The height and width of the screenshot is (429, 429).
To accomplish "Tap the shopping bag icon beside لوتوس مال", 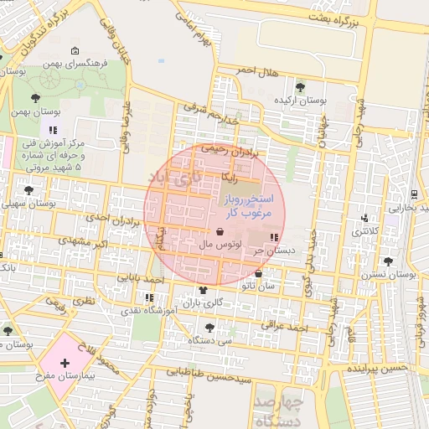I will pos(220,232).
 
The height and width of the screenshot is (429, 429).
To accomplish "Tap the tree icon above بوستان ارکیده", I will pos(300,86).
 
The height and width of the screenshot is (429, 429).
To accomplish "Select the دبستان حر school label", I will pos(277,250).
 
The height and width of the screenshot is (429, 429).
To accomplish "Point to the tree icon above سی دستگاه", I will pos(209,327).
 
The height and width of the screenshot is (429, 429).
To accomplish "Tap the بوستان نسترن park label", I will pos(393,274).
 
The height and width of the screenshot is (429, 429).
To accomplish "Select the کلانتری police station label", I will pos(364,230).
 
